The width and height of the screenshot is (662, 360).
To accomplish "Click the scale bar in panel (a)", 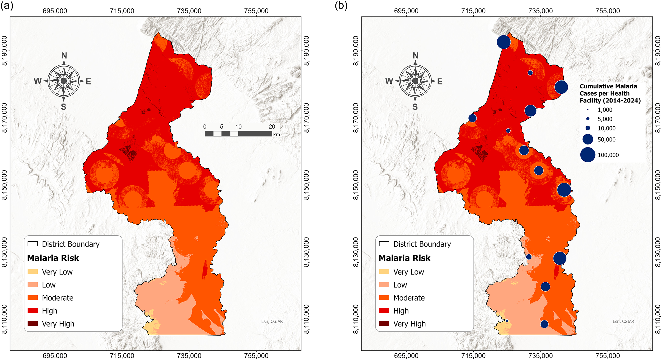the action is tap(238, 134).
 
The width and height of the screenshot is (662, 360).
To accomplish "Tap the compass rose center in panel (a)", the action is tap(64, 81).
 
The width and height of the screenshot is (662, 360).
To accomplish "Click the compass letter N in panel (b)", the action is tap(415, 56).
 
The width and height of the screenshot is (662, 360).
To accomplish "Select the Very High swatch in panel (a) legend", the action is tap(33, 323).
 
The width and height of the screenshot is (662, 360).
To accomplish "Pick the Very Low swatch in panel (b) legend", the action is tap(384, 272).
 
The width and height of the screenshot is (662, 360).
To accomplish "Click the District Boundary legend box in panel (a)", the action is tap(33, 244).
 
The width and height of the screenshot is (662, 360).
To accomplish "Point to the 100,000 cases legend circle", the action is tap(588, 155).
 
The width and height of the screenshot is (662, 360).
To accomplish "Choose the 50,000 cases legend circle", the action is tap(588, 139).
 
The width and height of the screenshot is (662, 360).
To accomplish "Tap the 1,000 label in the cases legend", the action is tap(605, 110).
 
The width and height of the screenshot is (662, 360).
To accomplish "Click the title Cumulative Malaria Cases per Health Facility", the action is tap(610, 93).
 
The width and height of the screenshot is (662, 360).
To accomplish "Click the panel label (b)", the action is tap(341, 5).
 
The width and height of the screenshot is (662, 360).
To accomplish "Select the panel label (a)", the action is tap(7, 5).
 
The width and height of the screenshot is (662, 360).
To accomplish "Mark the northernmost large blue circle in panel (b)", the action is tap(504, 42).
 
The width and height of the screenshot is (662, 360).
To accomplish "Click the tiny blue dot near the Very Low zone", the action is tap(507, 321).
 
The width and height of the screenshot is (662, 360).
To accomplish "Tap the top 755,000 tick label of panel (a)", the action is tap(256, 11).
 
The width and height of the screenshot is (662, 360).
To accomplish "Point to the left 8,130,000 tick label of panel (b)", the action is tap(356, 252).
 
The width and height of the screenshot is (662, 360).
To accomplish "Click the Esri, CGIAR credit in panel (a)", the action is tap(272, 321).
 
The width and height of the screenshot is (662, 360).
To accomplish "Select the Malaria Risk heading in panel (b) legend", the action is tap(404, 258).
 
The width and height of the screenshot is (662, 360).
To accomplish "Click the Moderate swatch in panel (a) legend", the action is tap(33, 298).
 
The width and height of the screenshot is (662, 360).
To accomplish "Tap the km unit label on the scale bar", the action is tap(277, 134).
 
